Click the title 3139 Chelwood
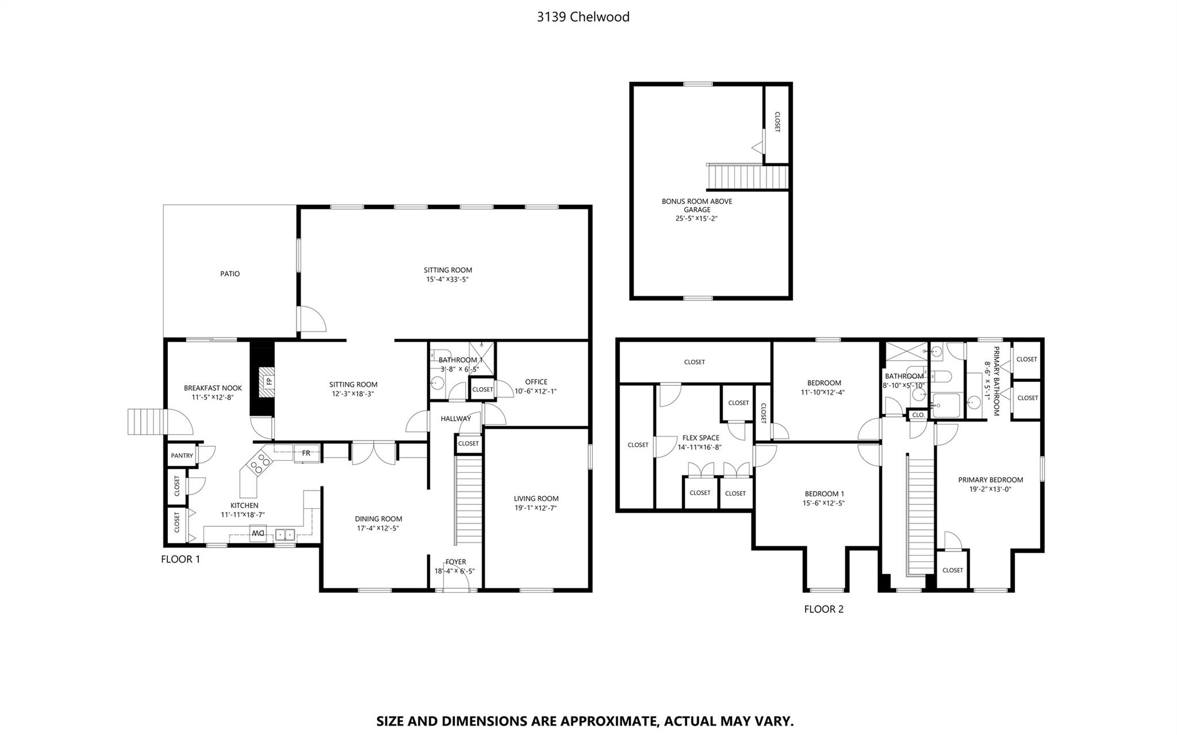coord(582,17)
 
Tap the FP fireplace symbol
coord(268,381)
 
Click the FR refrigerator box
coord(306,453)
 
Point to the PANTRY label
coord(182,455)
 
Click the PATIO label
coord(230,274)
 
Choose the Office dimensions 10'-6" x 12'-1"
coord(535,391)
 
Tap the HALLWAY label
coord(455,419)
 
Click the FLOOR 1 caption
coord(181,559)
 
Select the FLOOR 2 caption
coord(823,609)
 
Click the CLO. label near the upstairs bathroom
coord(918,415)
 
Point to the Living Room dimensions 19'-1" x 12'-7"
coord(535,508)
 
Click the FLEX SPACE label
coord(700,438)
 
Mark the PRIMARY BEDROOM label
coord(990,480)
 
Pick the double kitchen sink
coord(285,535)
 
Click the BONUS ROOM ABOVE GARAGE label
coord(696,205)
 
